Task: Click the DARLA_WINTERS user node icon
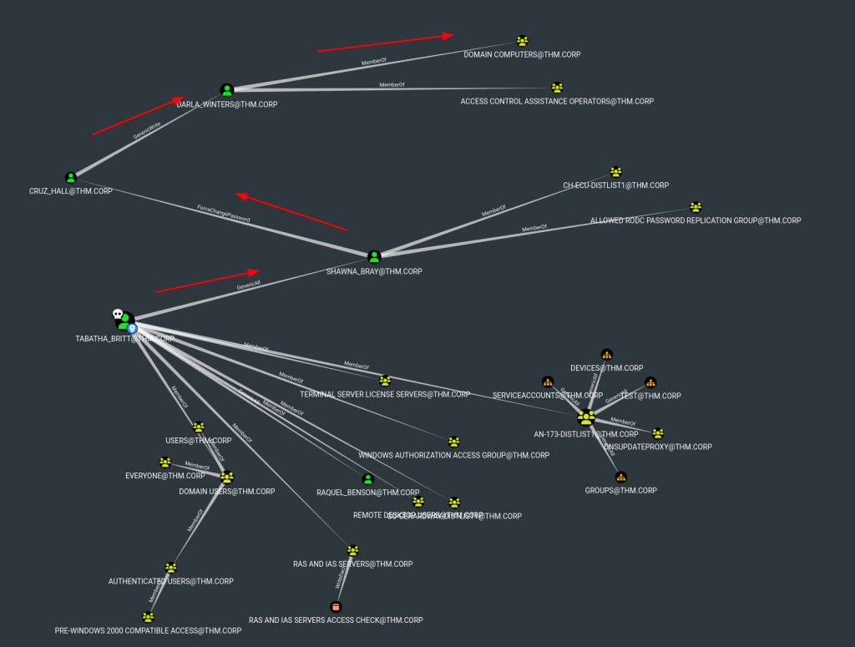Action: pyautogui.click(x=226, y=90)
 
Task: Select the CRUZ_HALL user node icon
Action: pyautogui.click(x=71, y=178)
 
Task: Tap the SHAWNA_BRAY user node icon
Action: pyautogui.click(x=374, y=257)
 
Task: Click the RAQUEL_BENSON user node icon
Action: pyautogui.click(x=367, y=479)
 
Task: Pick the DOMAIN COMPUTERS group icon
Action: pyautogui.click(x=523, y=41)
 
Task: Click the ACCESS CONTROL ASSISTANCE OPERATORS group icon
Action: pyautogui.click(x=557, y=88)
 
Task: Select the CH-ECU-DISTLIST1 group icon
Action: pyautogui.click(x=616, y=172)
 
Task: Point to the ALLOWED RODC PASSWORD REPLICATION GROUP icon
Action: pyautogui.click(x=696, y=207)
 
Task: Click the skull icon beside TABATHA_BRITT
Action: pyautogui.click(x=118, y=315)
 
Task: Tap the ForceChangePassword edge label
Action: pyautogui.click(x=223, y=213)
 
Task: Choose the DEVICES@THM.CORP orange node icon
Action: pyautogui.click(x=607, y=355)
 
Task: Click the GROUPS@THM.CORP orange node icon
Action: pyautogui.click(x=620, y=478)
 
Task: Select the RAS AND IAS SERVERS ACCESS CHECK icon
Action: pyautogui.click(x=336, y=607)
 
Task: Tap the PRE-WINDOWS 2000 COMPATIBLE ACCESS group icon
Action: pyautogui.click(x=148, y=617)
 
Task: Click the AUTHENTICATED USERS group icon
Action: pyautogui.click(x=171, y=568)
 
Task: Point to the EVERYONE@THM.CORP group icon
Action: pyautogui.click(x=165, y=463)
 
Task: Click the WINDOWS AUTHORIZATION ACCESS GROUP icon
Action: pyautogui.click(x=454, y=442)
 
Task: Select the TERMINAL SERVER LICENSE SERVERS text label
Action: pyautogui.click(x=385, y=394)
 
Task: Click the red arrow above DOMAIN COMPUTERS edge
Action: pyautogui.click(x=385, y=43)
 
